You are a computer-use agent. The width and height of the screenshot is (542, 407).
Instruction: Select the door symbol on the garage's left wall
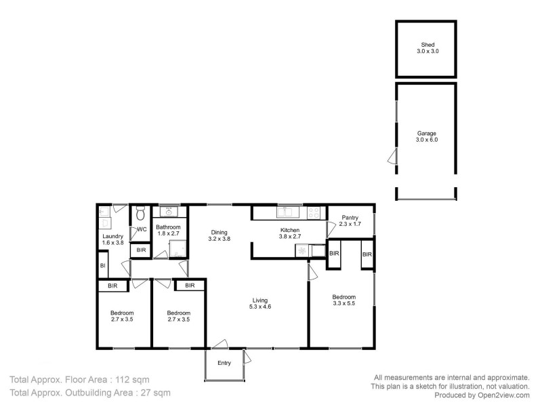[x=392, y=157]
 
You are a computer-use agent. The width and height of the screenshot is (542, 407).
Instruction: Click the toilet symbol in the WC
[x=140, y=214]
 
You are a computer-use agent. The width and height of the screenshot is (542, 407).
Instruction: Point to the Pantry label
[x=350, y=217]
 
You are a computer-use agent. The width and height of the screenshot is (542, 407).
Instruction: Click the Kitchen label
[x=290, y=231]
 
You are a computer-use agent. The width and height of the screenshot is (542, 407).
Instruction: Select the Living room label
[x=260, y=299]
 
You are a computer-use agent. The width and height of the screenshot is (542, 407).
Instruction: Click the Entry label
[x=224, y=363]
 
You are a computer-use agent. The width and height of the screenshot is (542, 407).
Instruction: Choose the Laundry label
[x=112, y=236]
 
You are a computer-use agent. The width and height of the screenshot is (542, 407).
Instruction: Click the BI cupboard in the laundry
[x=102, y=265]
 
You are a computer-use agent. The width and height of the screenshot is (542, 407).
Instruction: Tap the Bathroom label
[x=168, y=227]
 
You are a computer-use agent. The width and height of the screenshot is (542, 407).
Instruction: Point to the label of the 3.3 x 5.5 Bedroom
[x=343, y=296]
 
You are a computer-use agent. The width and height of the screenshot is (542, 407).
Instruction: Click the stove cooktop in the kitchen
[x=313, y=212]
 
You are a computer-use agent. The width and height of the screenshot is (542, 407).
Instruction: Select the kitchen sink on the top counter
[x=284, y=212]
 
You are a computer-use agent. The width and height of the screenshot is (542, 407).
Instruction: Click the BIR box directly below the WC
[x=140, y=250]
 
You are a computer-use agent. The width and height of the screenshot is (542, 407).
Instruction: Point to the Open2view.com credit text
[x=501, y=395]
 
